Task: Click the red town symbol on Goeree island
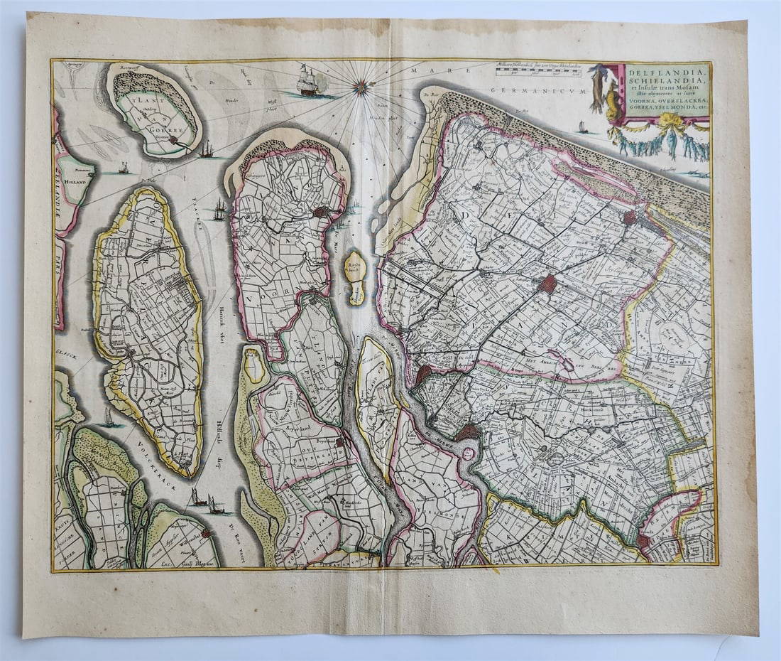172,141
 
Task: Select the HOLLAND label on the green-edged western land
74,182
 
